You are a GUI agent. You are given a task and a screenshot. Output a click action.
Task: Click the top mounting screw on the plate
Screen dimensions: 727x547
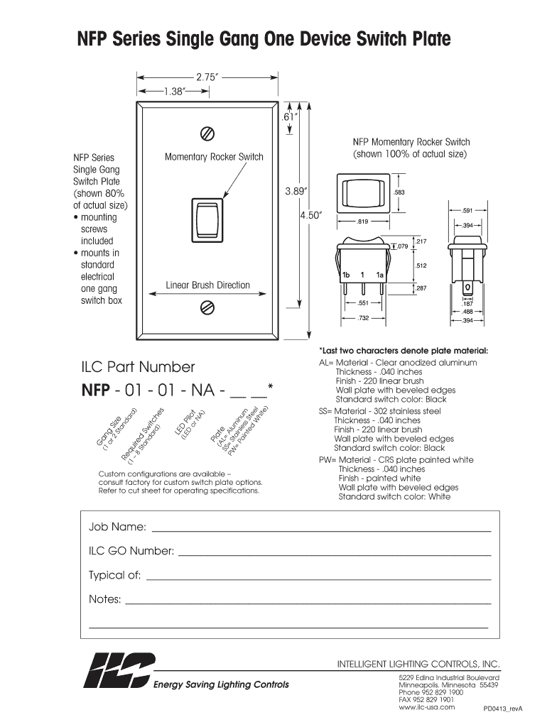click(208, 133)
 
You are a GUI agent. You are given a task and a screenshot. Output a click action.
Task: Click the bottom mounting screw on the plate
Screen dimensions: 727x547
click(208, 307)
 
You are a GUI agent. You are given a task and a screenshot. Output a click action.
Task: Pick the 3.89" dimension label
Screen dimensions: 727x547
click(296, 191)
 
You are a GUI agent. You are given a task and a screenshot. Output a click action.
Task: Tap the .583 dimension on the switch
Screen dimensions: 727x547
click(399, 193)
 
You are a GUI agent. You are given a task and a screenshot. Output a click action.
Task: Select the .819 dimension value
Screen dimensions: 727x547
click(362, 222)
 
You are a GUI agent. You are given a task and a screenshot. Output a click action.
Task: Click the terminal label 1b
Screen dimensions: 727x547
click(346, 274)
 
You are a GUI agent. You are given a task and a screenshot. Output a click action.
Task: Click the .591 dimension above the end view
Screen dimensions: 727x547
click(467, 211)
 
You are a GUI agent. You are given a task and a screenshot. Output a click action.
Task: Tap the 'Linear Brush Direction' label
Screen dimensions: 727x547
click(208, 285)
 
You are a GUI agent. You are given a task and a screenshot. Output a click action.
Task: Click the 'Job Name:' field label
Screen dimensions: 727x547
click(117, 527)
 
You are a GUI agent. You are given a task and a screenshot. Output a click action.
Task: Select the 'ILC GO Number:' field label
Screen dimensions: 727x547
click(131, 551)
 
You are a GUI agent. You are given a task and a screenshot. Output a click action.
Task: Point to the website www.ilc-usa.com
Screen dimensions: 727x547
click(427, 708)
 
